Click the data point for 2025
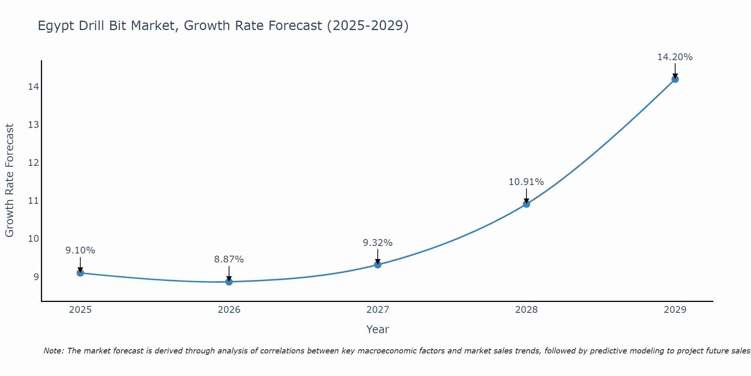pyautogui.click(x=80, y=273)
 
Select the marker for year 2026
pyautogui.click(x=229, y=282)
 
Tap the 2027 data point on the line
pyautogui.click(x=378, y=265)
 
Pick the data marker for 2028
pyautogui.click(x=526, y=204)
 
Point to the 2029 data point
pyautogui.click(x=675, y=79)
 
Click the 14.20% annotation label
pyautogui.click(x=675, y=57)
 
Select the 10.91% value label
pyautogui.click(x=526, y=182)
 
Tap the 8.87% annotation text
pyautogui.click(x=229, y=259)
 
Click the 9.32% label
pyautogui.click(x=378, y=243)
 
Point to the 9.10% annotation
pyautogui.click(x=80, y=250)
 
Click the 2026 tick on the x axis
pyautogui.click(x=229, y=310)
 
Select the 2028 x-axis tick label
pyautogui.click(x=526, y=310)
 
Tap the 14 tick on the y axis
pyautogui.click(x=33, y=87)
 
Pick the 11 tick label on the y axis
pyautogui.click(x=33, y=201)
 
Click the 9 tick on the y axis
pyautogui.click(x=36, y=277)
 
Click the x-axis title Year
pyautogui.click(x=377, y=329)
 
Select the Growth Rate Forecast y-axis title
pyautogui.click(x=9, y=180)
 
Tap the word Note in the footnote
pyautogui.click(x=54, y=351)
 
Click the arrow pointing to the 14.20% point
pyautogui.click(x=675, y=71)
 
